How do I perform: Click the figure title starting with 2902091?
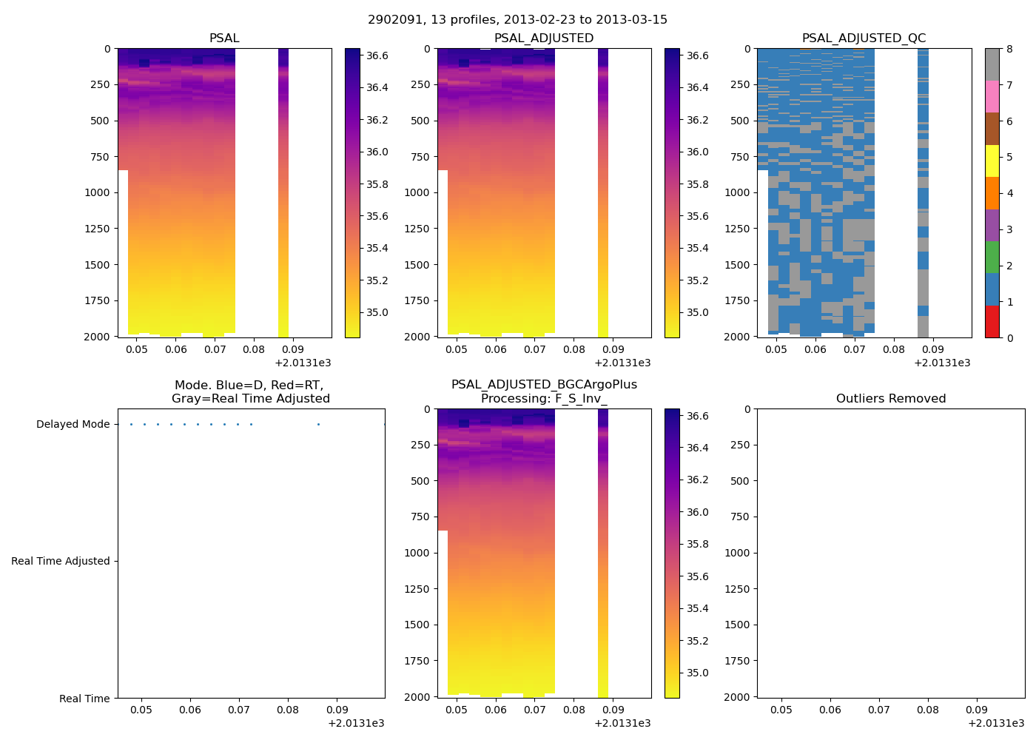[x=517, y=19]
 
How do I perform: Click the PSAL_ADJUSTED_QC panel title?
[x=864, y=38]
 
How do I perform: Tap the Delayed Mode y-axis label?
[x=73, y=424]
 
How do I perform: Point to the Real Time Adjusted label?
[x=60, y=561]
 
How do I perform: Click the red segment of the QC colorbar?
[x=992, y=322]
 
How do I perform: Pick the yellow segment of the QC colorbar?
[x=992, y=161]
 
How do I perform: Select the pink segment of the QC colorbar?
[x=992, y=96]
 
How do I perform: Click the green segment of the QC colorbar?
[x=992, y=257]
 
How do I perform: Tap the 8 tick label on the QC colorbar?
[x=1009, y=49]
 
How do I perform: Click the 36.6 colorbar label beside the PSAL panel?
[x=377, y=55]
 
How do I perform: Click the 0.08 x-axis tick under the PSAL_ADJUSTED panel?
[x=573, y=349]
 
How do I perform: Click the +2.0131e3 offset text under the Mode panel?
[x=356, y=723]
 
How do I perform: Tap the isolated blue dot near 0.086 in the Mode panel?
[x=318, y=424]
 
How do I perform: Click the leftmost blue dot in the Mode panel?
[x=131, y=424]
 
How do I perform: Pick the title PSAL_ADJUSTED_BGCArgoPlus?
[x=544, y=384]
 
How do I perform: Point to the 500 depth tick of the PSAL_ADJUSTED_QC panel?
[x=739, y=121]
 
